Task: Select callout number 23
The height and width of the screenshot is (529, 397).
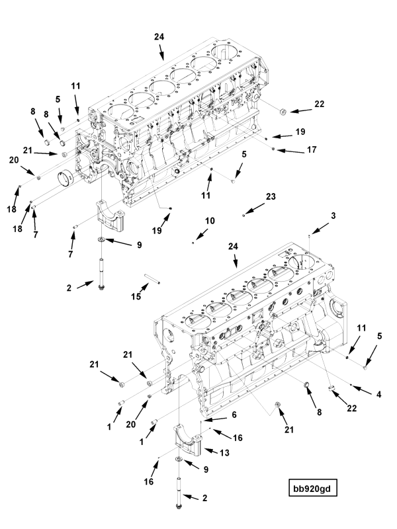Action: [x=271, y=197]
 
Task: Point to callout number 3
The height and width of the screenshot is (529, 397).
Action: [x=333, y=216]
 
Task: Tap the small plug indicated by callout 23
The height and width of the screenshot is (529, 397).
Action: [x=244, y=214]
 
